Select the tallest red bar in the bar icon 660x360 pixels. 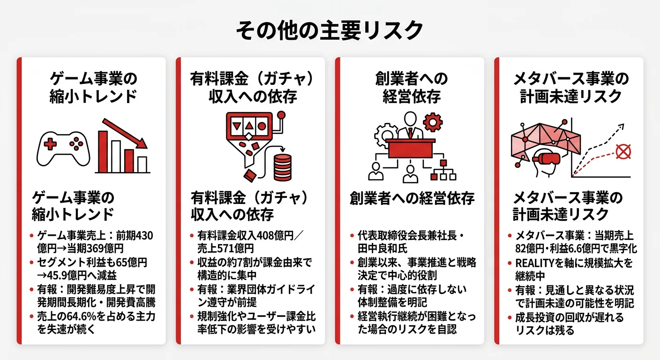tap(103, 152)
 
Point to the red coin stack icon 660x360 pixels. tap(282, 165)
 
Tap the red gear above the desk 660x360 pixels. tap(432, 123)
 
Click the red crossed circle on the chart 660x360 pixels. tap(622, 151)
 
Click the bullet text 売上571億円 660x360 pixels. tap(225, 248)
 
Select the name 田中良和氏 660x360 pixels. tap(381, 248)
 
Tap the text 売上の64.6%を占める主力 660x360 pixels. tap(96, 316)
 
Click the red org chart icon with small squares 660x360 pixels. tap(442, 171)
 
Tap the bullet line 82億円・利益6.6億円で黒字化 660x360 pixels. tap(573, 248)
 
